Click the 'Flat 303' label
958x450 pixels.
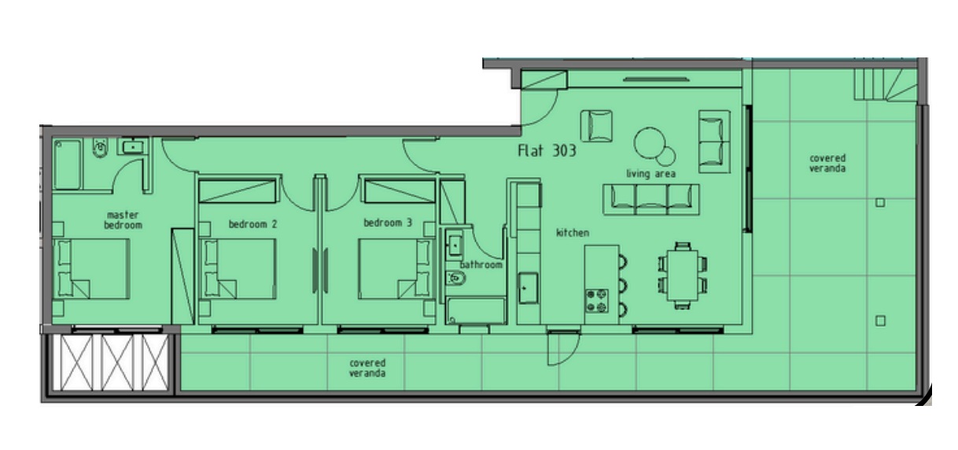tap(546, 151)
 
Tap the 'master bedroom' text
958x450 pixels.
tap(123, 219)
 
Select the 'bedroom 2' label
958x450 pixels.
tap(252, 223)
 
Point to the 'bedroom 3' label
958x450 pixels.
tap(387, 223)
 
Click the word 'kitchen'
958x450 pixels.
tap(572, 233)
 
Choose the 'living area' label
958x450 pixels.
tap(650, 174)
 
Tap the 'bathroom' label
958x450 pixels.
tap(481, 264)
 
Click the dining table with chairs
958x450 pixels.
tap(682, 273)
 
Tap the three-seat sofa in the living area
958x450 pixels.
tap(650, 198)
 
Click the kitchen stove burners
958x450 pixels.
tap(596, 300)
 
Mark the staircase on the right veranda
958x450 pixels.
tap(884, 83)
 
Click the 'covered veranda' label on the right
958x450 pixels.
tap(827, 163)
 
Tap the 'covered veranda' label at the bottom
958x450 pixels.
tap(367, 367)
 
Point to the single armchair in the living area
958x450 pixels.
tap(597, 125)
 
